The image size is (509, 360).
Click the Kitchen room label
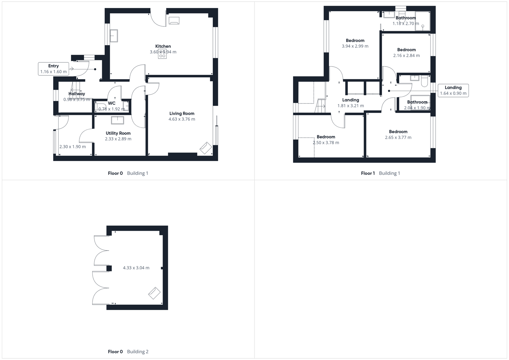[x=163, y=46]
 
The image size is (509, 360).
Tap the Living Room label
[x=182, y=114]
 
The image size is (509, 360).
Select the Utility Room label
[x=118, y=133]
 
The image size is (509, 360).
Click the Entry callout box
[x=53, y=69]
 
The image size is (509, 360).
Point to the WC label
[x=112, y=103]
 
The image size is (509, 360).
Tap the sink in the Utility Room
[x=117, y=120]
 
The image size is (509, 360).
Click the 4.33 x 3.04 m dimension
[x=136, y=268]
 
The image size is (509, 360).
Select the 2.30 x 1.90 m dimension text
[x=73, y=147]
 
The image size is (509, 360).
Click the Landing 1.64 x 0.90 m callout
[x=453, y=90]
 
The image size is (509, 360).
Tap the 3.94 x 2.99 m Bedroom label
[x=355, y=41]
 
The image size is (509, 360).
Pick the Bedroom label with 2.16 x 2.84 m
[x=406, y=50]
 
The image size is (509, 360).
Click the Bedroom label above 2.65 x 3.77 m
[x=398, y=132]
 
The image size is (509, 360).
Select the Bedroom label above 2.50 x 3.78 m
[x=326, y=137]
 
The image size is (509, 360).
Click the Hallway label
[x=77, y=94]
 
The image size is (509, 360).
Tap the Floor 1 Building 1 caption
[x=380, y=173]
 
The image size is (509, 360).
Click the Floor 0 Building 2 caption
[x=128, y=352]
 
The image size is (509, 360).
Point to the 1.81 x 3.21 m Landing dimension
[x=351, y=106]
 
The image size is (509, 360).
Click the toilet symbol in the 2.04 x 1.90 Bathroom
[x=424, y=82]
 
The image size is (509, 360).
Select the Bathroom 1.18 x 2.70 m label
[x=406, y=18]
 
